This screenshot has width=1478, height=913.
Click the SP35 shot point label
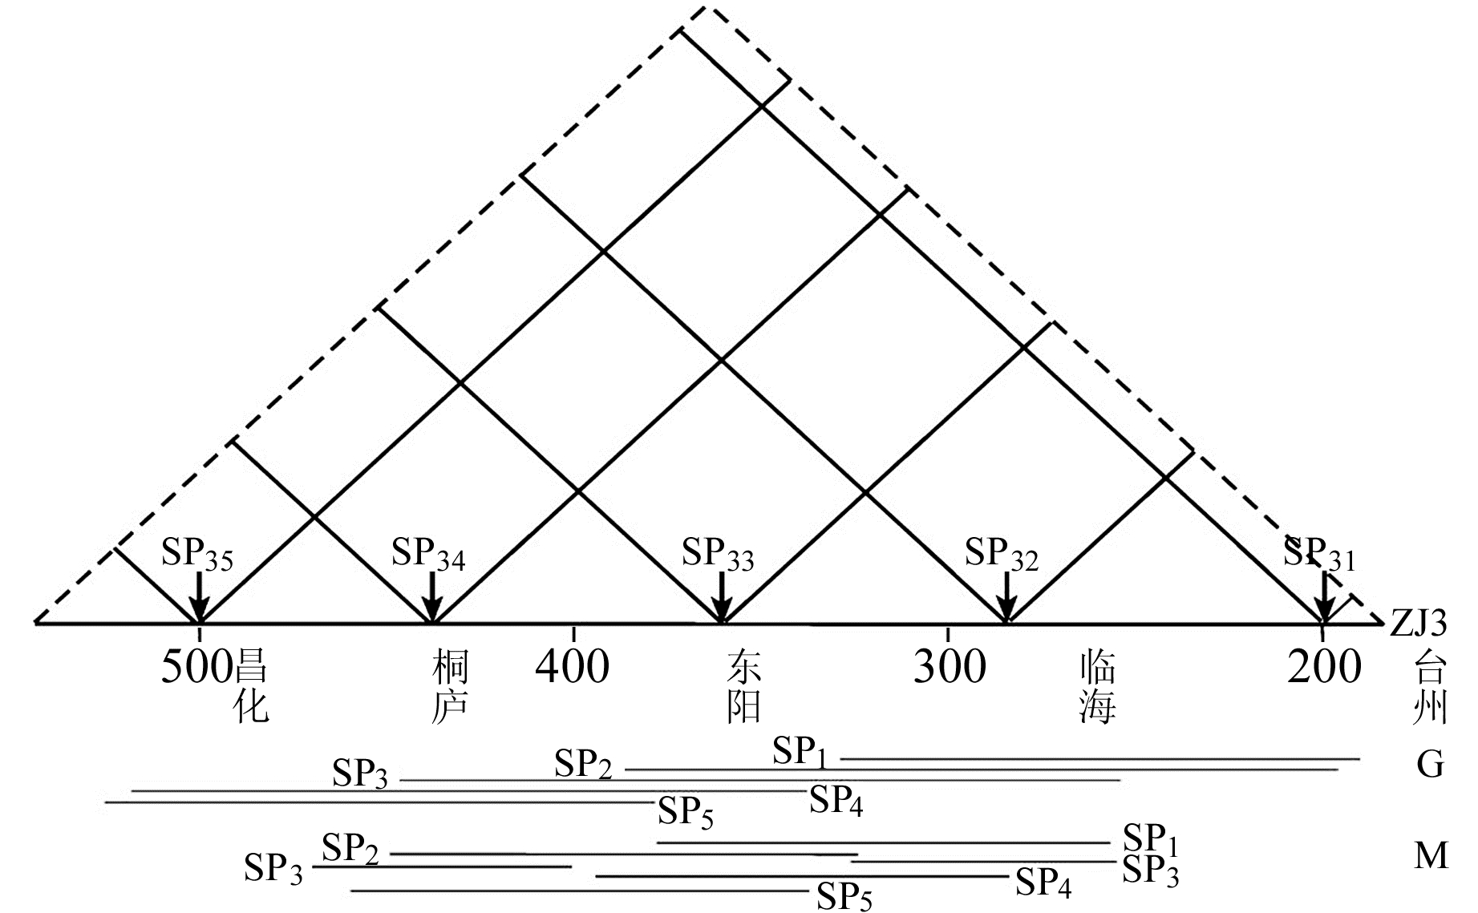click(197, 554)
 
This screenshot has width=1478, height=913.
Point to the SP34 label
click(428, 554)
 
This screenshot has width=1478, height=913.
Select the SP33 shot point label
click(718, 554)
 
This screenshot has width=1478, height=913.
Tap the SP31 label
click(1319, 554)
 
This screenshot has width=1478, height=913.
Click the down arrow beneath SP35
click(199, 596)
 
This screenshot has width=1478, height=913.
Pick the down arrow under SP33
click(722, 596)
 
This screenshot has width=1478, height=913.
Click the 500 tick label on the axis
click(197, 666)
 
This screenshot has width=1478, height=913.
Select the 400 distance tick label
click(573, 666)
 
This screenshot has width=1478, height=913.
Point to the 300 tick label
click(950, 666)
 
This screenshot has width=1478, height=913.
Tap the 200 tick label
click(1324, 666)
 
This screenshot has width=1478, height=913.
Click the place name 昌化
click(250, 686)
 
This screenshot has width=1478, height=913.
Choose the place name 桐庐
click(449, 686)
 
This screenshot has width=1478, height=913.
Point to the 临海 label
click(1097, 686)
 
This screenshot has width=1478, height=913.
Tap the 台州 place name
click(1430, 686)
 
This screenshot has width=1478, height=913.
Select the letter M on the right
click(1431, 856)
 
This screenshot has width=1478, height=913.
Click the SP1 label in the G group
click(800, 753)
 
